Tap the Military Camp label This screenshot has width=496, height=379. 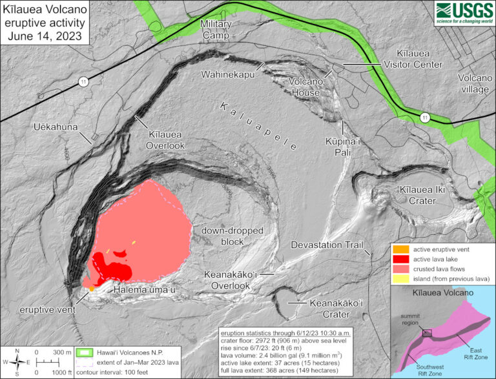pos(216,30)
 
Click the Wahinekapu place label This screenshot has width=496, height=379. pos(227,75)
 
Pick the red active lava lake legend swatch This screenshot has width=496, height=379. pos(400,259)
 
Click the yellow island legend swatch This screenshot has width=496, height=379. pos(400,279)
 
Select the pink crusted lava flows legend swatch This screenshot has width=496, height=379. pos(400,269)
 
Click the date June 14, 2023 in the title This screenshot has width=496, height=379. pos(45,36)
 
